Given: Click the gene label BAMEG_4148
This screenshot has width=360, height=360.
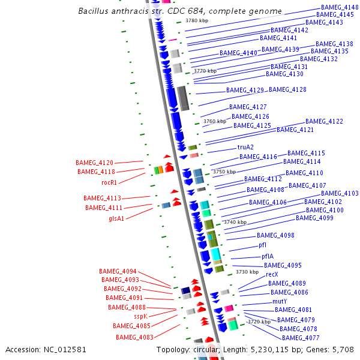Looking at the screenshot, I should pyautogui.click(x=340, y=7).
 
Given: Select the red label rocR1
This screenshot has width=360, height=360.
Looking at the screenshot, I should pyautogui.click(x=109, y=182).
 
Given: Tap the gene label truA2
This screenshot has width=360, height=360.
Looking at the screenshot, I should pyautogui.click(x=245, y=147).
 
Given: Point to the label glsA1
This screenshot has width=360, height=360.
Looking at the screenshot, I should pyautogui.click(x=116, y=218).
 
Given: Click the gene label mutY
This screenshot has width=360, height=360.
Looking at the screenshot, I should pyautogui.click(x=280, y=301).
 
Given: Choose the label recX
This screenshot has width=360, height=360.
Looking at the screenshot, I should pyautogui.click(x=272, y=274).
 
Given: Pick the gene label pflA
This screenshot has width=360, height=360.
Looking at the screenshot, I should pyautogui.click(x=268, y=256).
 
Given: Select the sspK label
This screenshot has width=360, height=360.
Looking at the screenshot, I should pyautogui.click(x=140, y=316).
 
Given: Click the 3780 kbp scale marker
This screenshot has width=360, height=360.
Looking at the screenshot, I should pyautogui.click(x=196, y=20).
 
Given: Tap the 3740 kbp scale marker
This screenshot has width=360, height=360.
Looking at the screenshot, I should pyautogui.click(x=235, y=222).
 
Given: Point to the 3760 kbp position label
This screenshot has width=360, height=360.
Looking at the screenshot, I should pyautogui.click(x=215, y=121).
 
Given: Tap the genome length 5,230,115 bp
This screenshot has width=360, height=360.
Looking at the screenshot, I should pyautogui.click(x=279, y=349).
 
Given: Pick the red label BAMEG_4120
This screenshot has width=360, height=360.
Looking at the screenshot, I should pyautogui.click(x=94, y=163).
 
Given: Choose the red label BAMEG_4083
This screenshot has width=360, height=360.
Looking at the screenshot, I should pyautogui.click(x=134, y=337).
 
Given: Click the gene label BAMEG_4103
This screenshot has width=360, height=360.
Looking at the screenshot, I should pyautogui.click(x=340, y=193).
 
